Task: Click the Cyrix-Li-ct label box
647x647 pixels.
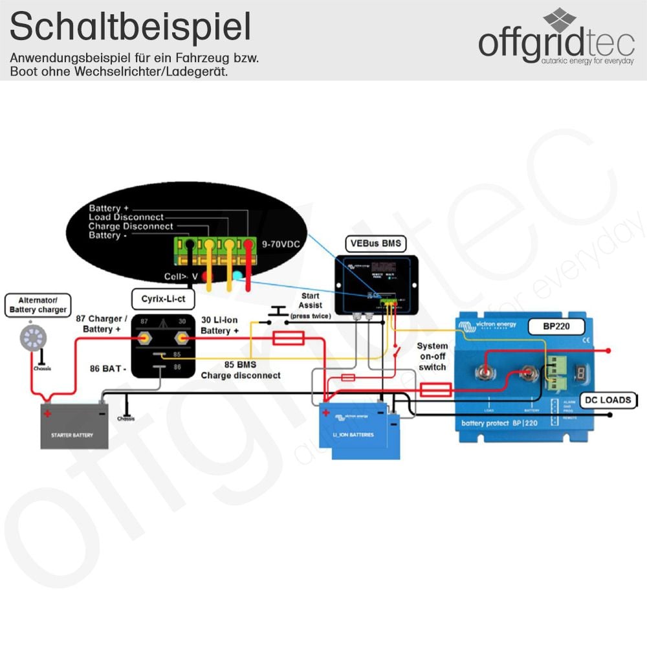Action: click(163, 299)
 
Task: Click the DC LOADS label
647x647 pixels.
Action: click(608, 400)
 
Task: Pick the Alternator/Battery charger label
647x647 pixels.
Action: click(38, 305)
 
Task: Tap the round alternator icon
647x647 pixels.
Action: click(30, 337)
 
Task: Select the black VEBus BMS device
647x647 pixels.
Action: click(375, 283)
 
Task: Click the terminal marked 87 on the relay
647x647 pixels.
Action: click(144, 337)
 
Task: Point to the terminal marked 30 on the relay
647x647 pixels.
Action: click(182, 337)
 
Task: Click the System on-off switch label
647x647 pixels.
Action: click(432, 356)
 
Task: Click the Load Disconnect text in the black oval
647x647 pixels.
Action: click(126, 217)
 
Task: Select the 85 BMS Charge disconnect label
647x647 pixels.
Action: click(240, 370)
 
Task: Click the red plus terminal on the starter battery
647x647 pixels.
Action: click(47, 413)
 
